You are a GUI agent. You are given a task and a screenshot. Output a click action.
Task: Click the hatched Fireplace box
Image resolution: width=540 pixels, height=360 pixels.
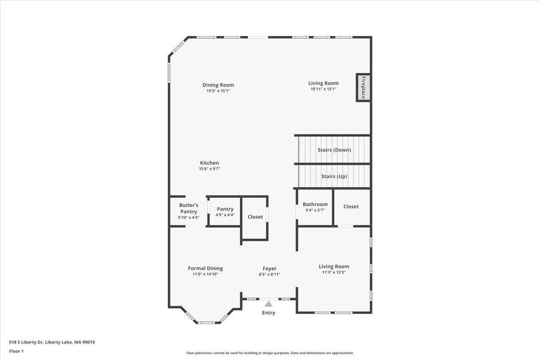click(363, 87)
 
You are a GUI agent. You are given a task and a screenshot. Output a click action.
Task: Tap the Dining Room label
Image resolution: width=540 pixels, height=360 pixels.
click(218, 85)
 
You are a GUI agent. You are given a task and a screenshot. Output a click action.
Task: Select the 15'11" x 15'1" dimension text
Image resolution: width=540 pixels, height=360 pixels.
click(324, 89)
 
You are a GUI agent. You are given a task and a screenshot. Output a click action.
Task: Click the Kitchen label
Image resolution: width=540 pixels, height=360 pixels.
click(209, 163)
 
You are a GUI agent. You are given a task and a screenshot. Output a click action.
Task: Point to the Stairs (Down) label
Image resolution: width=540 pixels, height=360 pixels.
click(334, 150)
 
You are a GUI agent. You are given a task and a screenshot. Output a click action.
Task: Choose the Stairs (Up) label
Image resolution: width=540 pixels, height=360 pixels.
click(334, 176)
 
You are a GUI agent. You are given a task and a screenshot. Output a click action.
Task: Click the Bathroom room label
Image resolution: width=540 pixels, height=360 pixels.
click(315, 204)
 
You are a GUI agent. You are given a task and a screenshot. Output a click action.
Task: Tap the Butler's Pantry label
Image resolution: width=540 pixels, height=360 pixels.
click(189, 208)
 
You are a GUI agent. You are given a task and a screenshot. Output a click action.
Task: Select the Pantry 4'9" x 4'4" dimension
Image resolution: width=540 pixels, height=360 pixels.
click(225, 215)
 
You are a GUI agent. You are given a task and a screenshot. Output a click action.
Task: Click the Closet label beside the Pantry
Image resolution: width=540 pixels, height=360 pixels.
click(255, 217)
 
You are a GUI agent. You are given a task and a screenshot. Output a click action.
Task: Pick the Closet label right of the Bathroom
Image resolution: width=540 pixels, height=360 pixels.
click(351, 207)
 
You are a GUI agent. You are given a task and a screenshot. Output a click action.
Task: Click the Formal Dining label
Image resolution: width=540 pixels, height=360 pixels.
click(205, 268)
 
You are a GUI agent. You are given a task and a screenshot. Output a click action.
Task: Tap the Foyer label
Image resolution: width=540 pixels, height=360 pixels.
click(270, 269)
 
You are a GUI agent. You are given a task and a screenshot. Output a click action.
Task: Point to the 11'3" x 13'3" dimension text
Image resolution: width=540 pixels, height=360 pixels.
click(334, 272)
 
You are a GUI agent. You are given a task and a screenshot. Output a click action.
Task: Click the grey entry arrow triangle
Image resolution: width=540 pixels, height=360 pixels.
click(269, 304)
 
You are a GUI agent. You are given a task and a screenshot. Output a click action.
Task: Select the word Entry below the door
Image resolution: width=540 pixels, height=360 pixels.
click(269, 313)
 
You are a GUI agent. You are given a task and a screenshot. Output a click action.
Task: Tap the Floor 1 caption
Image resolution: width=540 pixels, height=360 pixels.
click(16, 351)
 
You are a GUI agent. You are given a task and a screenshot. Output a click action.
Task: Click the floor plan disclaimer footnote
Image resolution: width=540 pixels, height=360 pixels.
click(270, 353)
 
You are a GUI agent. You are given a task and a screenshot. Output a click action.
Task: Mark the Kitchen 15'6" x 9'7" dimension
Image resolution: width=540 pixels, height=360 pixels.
click(209, 169)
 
